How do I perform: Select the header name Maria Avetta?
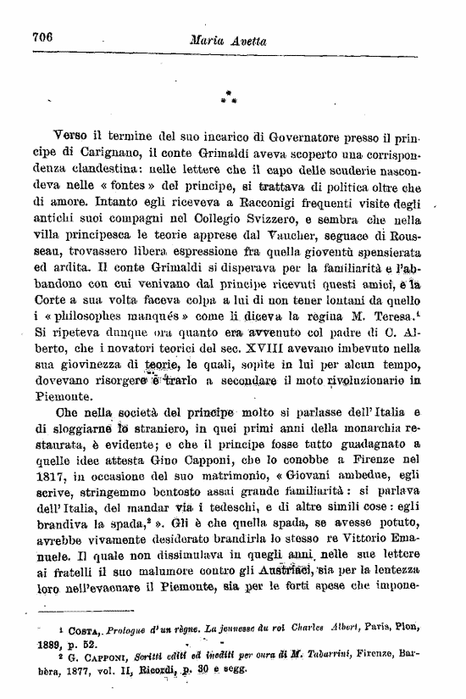tap(233, 38)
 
